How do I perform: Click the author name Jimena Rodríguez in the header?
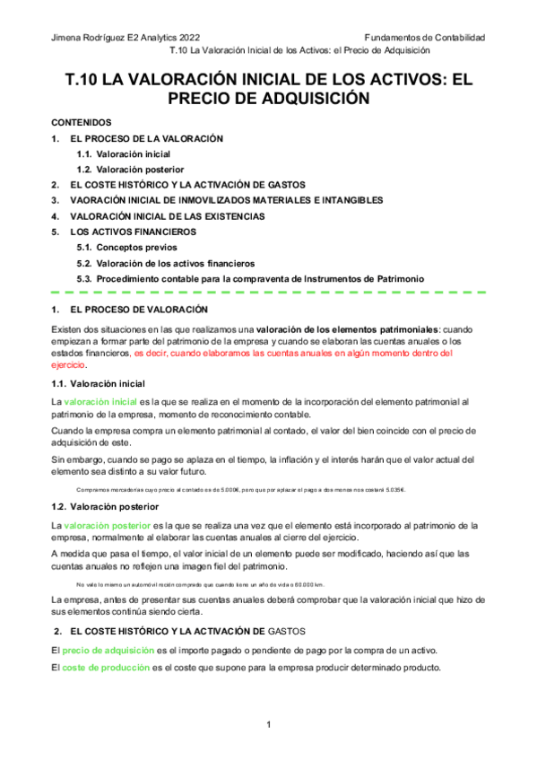[x=90, y=38]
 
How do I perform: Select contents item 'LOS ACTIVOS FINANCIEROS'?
[x=132, y=232]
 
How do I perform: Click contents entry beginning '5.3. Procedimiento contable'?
[x=250, y=278]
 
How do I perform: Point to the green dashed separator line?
[x=268, y=293]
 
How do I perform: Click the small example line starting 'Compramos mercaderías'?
[x=240, y=489]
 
